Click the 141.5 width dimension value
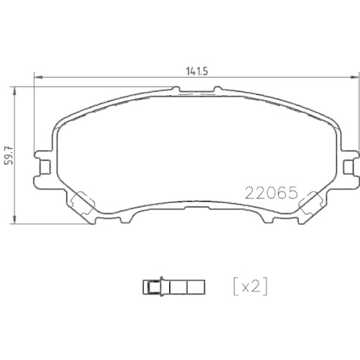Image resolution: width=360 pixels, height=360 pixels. tap(197, 71)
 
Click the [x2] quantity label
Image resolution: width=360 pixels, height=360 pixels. tap(250, 287)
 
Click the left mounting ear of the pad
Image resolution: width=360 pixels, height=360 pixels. tap(45, 167)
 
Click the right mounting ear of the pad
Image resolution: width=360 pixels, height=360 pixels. tap(349, 167)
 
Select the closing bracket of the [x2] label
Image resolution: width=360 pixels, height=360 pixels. tap(266, 287)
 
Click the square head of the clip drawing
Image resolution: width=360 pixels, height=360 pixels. tap(151, 287)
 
